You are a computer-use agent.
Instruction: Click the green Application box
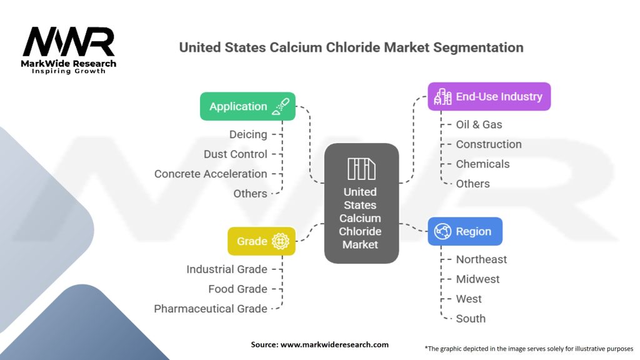[247, 106]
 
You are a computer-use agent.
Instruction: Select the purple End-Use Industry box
[489, 97]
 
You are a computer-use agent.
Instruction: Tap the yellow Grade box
[261, 241]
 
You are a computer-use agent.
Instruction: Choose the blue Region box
[464, 231]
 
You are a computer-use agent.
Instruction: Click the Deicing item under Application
[248, 134]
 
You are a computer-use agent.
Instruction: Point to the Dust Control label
[235, 154]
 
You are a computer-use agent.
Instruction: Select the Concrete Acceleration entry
[211, 174]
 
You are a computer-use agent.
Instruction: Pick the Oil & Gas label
[479, 124]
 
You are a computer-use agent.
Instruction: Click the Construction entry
[488, 144]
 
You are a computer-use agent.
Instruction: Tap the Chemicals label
[482, 164]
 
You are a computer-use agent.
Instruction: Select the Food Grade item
[237, 289]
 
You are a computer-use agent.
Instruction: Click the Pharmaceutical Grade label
[211, 309]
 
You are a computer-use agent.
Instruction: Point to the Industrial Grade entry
[226, 269]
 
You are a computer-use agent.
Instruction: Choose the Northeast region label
[481, 259]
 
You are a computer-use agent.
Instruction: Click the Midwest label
[477, 279]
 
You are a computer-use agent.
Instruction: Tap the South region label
[471, 318]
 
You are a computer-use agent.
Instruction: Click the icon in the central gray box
[361, 169]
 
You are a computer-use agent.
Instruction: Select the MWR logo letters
[69, 42]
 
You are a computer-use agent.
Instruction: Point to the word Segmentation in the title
[481, 47]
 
